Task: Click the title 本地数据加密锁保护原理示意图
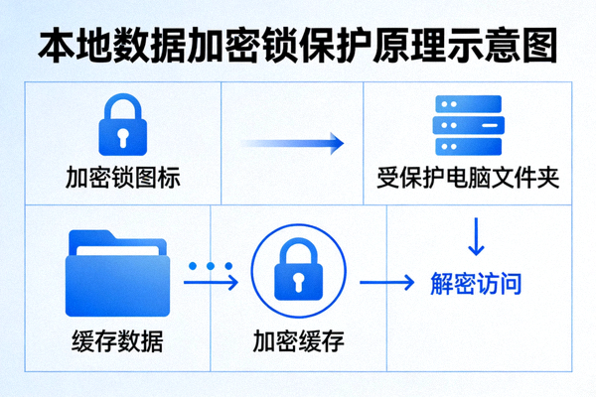pyautogui.click(x=298, y=42)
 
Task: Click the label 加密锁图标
pyautogui.click(x=124, y=180)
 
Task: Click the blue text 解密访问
pyautogui.click(x=476, y=284)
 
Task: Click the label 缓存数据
pyautogui.click(x=117, y=343)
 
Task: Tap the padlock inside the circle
pyautogui.click(x=297, y=273)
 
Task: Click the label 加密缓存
pyautogui.click(x=297, y=343)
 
